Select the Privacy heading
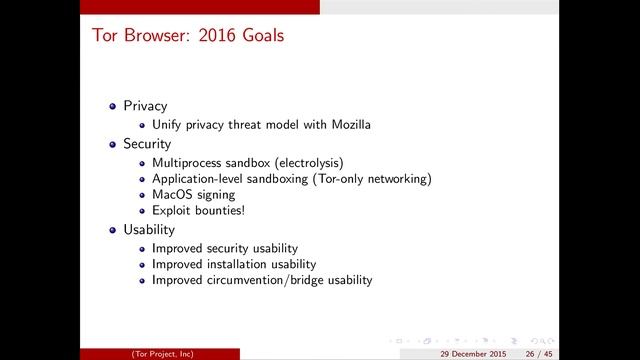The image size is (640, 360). coord(145,106)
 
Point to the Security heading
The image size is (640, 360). coord(147,144)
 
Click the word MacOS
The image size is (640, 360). coord(171,195)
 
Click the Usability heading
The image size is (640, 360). coord(148,230)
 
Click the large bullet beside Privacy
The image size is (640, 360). coord(113,106)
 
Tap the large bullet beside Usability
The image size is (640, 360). coord(113,230)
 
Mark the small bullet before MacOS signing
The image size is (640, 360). coord(143,195)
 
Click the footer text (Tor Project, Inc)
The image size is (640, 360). coord(162,353)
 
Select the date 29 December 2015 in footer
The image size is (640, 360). coord(472,353)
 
